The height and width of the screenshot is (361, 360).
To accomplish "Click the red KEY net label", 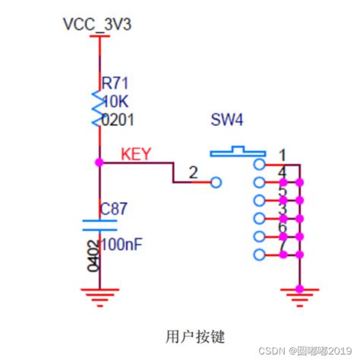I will [137, 154].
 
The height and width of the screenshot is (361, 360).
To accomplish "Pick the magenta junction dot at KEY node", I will [99, 162].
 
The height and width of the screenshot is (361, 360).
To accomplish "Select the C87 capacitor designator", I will [115, 207].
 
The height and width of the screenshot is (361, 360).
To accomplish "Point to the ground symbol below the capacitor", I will [99, 294].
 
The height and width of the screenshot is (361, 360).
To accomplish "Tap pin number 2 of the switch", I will [194, 173].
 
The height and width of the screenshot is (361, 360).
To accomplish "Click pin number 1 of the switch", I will [282, 156].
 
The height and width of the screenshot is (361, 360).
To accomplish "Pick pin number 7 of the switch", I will [282, 246].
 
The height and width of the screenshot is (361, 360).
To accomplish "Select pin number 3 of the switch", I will [282, 209].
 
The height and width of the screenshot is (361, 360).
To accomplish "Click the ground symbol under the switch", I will [302, 294].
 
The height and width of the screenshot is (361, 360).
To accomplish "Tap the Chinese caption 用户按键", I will [194, 335].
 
